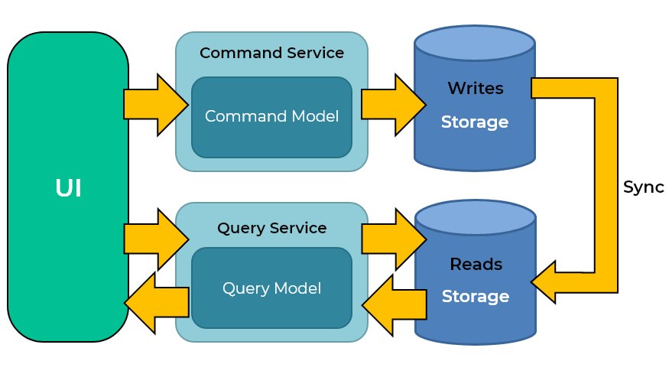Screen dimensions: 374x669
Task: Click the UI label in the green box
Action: click(68, 188)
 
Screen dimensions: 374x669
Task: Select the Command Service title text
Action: click(271, 54)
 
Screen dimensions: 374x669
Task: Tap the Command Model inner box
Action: click(271, 117)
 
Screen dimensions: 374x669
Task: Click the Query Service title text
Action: click(271, 228)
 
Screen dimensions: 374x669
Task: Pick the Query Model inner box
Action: click(271, 288)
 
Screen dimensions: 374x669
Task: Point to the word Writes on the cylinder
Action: click(475, 89)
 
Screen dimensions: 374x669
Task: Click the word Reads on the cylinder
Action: click(475, 265)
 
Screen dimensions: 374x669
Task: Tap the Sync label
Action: click(643, 187)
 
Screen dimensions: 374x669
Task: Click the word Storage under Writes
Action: click(475, 122)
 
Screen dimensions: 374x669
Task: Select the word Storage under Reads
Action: click(475, 296)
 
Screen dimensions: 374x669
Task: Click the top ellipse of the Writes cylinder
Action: click(474, 46)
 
